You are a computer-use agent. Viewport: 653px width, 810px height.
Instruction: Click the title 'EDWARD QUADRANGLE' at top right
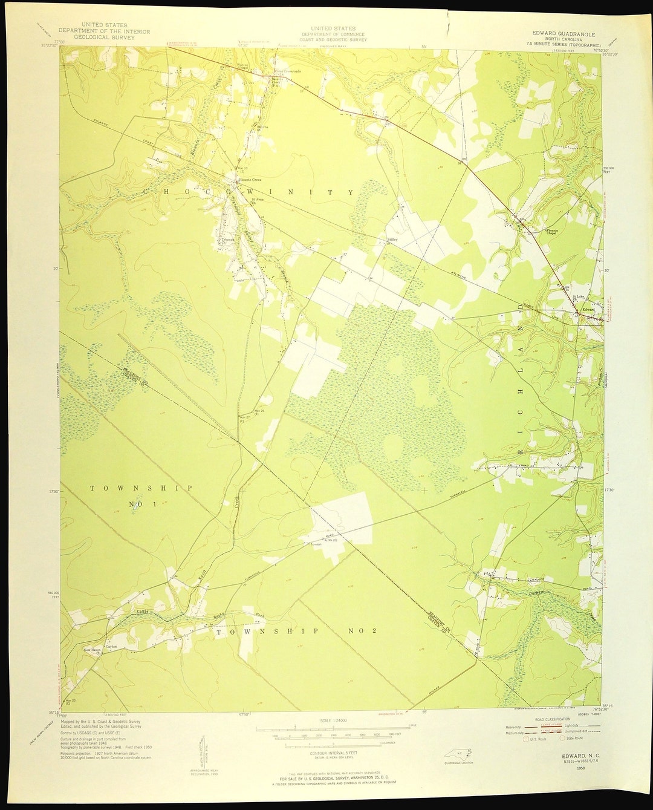pyautogui.click(x=564, y=34)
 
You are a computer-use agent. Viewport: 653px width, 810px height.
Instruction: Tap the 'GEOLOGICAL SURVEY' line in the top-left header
pyautogui.click(x=104, y=37)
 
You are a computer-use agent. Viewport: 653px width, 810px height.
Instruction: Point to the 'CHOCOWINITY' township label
pyautogui.click(x=248, y=192)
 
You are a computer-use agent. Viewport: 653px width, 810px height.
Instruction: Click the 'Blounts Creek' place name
pyautogui.click(x=251, y=180)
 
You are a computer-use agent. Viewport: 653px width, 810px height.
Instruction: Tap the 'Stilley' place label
pyautogui.click(x=392, y=240)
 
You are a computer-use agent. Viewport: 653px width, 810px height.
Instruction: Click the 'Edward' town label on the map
pyautogui.click(x=588, y=310)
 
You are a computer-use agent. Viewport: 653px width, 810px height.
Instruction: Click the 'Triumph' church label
pyautogui.click(x=227, y=240)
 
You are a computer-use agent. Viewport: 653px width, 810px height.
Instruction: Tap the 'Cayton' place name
pyautogui.click(x=111, y=646)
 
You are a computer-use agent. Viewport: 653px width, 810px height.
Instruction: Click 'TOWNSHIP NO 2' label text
pyautogui.click(x=296, y=631)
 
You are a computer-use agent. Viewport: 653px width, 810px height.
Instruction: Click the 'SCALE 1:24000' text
pyautogui.click(x=333, y=721)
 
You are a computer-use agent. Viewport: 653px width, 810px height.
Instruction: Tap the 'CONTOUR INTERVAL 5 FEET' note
pyautogui.click(x=333, y=753)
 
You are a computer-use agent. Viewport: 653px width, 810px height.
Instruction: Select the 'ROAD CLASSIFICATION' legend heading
pyautogui.click(x=548, y=719)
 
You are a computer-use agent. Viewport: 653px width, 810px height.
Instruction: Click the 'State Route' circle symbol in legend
pyautogui.click(x=562, y=739)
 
